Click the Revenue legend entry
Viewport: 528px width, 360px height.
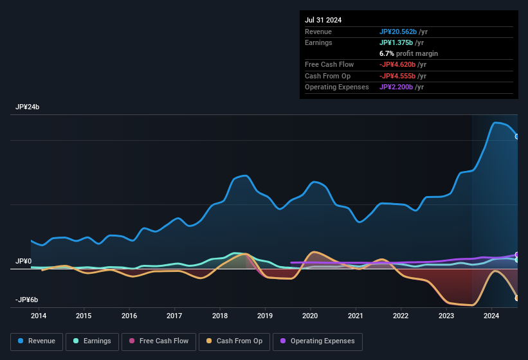[x=37, y=341]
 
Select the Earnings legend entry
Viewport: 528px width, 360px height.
[x=92, y=341]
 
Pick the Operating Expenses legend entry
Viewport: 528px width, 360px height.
[x=318, y=341]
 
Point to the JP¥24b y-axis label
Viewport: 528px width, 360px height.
[x=27, y=107]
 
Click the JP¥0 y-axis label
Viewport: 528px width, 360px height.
[x=24, y=262]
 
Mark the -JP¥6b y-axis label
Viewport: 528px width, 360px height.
[x=26, y=300]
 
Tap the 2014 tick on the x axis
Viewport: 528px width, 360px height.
[x=39, y=316]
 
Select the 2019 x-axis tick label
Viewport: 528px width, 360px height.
[x=265, y=316]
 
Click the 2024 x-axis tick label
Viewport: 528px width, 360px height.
[x=491, y=316]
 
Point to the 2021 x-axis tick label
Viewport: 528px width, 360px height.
[x=356, y=316]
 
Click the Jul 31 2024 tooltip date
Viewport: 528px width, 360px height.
[x=323, y=20]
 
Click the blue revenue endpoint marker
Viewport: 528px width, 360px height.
[x=517, y=136]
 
